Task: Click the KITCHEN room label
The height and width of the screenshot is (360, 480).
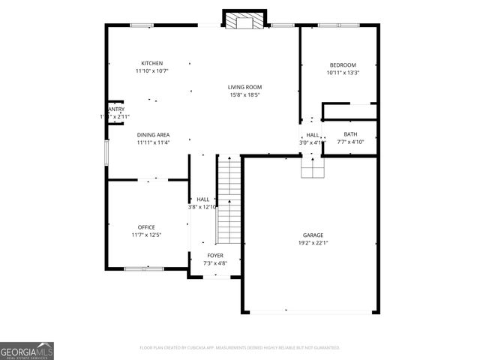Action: pyautogui.click(x=152, y=63)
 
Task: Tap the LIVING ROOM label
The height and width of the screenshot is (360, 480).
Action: pyautogui.click(x=244, y=87)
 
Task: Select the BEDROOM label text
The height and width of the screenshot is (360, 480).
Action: pyautogui.click(x=342, y=65)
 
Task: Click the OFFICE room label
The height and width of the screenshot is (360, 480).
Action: pyautogui.click(x=146, y=227)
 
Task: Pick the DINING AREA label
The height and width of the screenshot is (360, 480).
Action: pyautogui.click(x=153, y=135)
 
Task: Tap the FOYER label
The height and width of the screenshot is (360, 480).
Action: pyautogui.click(x=214, y=256)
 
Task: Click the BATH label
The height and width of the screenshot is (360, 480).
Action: pyautogui.click(x=351, y=134)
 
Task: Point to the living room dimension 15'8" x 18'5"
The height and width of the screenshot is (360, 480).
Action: pyautogui.click(x=244, y=95)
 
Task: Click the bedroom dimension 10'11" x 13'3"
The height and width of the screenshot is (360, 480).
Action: pyautogui.click(x=342, y=73)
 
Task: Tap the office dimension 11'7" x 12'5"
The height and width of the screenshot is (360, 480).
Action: pyautogui.click(x=146, y=235)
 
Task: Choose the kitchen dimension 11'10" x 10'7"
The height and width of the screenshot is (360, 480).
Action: pyautogui.click(x=152, y=71)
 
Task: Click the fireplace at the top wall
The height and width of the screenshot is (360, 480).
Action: pyautogui.click(x=245, y=20)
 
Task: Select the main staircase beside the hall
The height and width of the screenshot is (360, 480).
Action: pyautogui.click(x=229, y=201)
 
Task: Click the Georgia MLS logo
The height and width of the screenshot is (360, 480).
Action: pyautogui.click(x=27, y=350)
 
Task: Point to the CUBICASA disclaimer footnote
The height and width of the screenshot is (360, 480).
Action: pyautogui.click(x=240, y=348)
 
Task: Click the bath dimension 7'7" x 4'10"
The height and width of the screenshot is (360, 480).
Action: pyautogui.click(x=351, y=142)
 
